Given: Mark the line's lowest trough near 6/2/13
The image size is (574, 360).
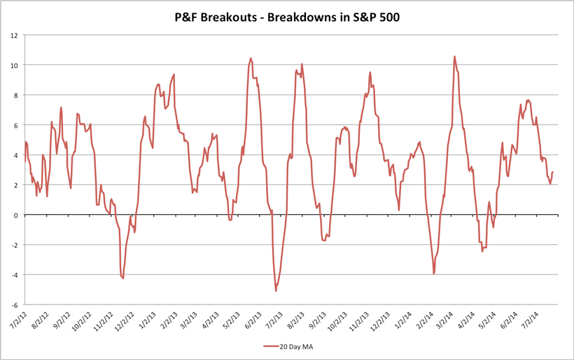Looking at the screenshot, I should coord(276,291).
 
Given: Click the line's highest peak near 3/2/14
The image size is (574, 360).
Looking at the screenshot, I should coord(455,57).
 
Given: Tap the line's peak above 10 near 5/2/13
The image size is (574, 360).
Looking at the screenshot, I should coord(251,59).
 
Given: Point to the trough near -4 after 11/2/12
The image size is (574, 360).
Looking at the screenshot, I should coord(122,279).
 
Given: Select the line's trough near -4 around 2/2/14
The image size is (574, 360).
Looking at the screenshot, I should coord(434,273).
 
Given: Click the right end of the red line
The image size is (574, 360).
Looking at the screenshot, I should coord(553,172).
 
